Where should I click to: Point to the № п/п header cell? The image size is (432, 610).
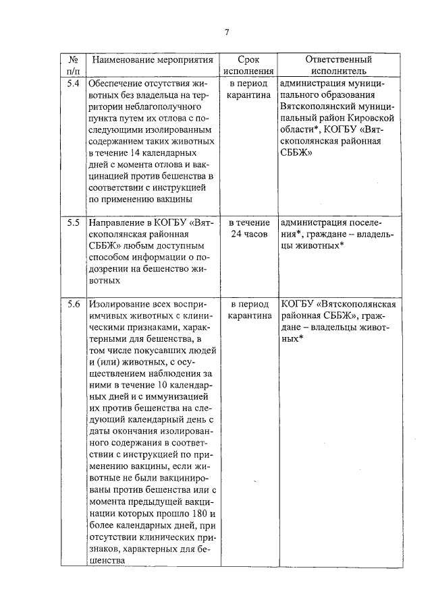point(72,65)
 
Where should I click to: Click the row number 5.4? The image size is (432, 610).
point(72,84)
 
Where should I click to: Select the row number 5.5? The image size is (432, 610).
point(72,222)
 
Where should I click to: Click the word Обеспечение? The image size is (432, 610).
point(119,84)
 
